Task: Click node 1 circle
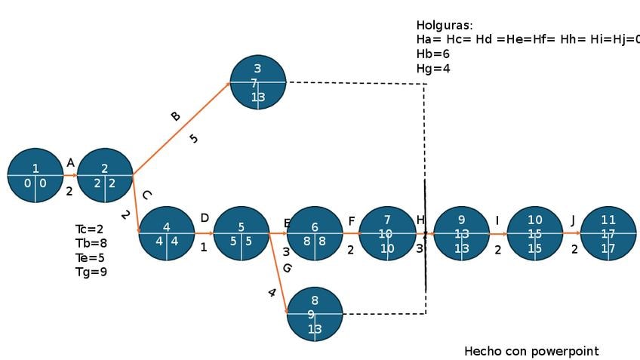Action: [35, 176]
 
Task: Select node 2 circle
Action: [105, 176]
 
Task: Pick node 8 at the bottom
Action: [315, 314]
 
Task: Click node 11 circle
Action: [608, 234]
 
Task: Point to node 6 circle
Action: [315, 234]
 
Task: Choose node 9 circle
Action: [462, 234]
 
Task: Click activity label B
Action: [175, 116]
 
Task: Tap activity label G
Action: [287, 268]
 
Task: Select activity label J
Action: [573, 220]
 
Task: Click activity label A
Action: [70, 162]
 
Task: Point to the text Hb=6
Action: [432, 54]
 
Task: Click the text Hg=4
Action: [432, 69]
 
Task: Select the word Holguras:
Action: [445, 26]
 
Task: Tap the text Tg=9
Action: [91, 272]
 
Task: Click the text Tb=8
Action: [91, 243]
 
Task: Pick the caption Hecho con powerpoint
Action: [531, 351]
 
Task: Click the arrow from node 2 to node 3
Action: [181, 129]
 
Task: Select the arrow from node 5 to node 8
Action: [278, 272]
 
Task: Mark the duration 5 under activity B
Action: [194, 138]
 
